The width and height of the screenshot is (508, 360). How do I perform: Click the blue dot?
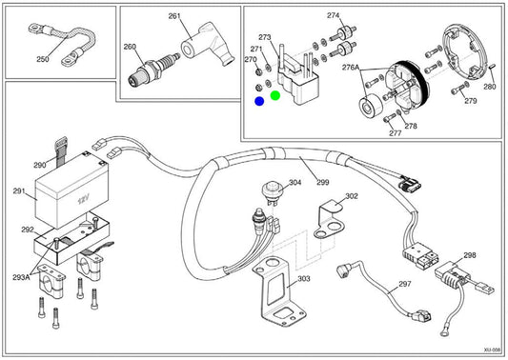(x=259, y=101)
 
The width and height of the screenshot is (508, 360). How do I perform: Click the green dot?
(x=275, y=95)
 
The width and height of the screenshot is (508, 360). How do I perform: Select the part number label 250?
(x=43, y=59)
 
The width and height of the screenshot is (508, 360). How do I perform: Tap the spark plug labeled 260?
(x=152, y=70)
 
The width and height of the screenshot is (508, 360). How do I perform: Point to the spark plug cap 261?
(x=207, y=44)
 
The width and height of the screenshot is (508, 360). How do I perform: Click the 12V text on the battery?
(x=83, y=200)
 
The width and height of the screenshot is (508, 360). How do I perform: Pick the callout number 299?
(x=323, y=182)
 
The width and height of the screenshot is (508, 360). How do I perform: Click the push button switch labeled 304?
(x=272, y=192)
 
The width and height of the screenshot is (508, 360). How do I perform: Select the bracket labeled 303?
(x=278, y=291)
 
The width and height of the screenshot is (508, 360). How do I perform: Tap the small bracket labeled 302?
(x=330, y=220)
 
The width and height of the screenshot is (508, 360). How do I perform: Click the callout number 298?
(x=470, y=255)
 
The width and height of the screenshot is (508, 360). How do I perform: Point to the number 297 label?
(x=405, y=284)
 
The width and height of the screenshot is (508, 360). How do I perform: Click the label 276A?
(x=351, y=68)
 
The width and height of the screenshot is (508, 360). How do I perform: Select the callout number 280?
(x=490, y=87)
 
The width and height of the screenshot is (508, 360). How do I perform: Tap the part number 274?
(x=333, y=15)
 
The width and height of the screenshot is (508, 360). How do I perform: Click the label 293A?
(x=21, y=277)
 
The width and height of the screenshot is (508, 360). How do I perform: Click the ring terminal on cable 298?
(x=444, y=332)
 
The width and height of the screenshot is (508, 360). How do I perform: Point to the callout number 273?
(x=264, y=37)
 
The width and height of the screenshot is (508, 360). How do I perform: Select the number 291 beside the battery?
(x=19, y=191)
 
